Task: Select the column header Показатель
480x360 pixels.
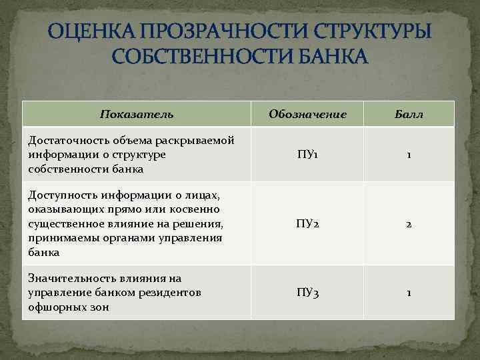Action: pyautogui.click(x=137, y=114)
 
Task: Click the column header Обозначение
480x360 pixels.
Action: pyautogui.click(x=307, y=114)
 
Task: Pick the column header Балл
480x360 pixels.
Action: pyautogui.click(x=409, y=114)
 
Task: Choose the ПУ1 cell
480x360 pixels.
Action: pyautogui.click(x=307, y=155)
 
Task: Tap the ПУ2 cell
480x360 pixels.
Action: pyautogui.click(x=307, y=224)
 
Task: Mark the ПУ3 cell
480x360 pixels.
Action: pyautogui.click(x=307, y=293)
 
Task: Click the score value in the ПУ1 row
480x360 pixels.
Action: pyautogui.click(x=409, y=155)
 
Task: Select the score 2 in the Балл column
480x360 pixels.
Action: pyautogui.click(x=409, y=225)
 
